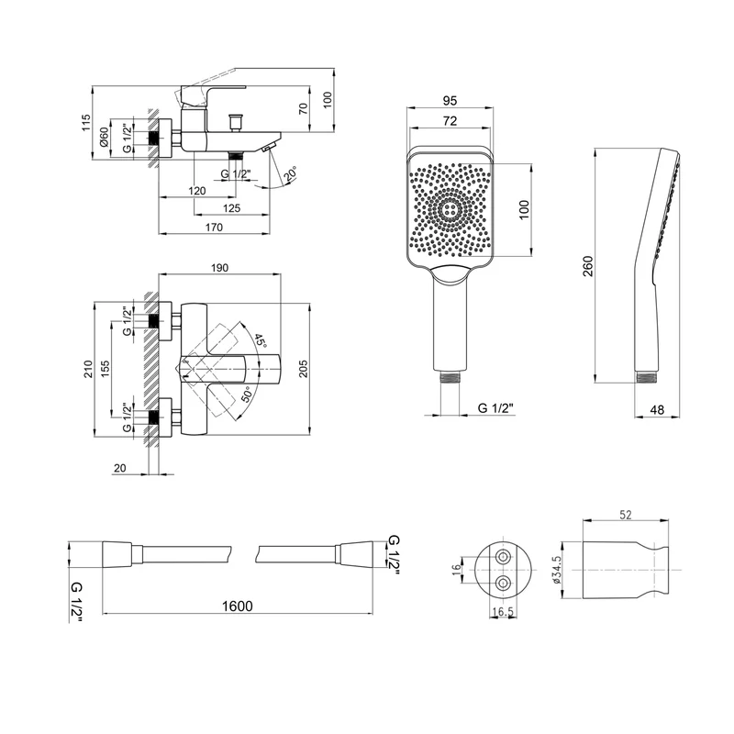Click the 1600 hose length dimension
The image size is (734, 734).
click(237, 606)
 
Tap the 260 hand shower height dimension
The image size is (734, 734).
click(588, 266)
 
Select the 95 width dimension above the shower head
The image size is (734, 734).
click(450, 101)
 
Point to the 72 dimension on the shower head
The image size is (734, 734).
click(450, 121)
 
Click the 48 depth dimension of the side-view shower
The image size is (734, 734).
click(657, 409)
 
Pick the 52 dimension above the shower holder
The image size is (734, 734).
click(626, 515)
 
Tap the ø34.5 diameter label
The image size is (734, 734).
click(556, 570)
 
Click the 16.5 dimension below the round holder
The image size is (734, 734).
click(503, 612)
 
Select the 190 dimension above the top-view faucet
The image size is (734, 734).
click(219, 268)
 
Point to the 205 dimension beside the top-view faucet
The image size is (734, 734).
click(304, 369)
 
